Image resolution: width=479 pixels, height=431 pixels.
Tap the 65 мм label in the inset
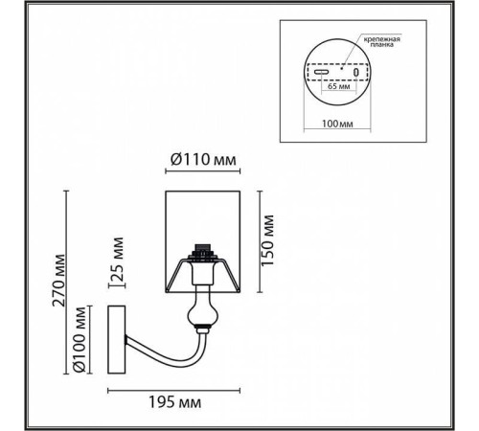(337, 87)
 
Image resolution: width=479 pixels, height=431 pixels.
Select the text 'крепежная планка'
(380, 43)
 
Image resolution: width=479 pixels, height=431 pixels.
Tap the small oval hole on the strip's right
(354, 72)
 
